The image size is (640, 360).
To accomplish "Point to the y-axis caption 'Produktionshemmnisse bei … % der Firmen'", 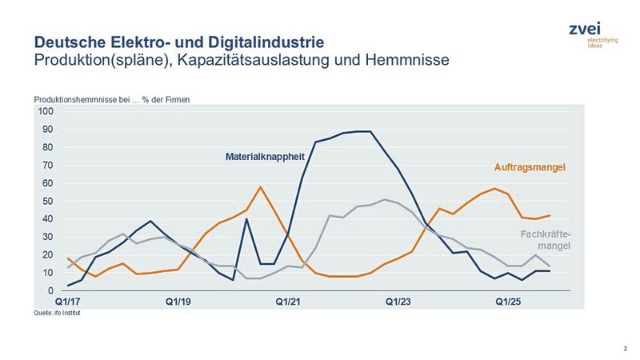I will (111, 99).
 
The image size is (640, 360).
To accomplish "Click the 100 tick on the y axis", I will (45, 111).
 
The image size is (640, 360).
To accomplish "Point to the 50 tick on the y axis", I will (47, 201).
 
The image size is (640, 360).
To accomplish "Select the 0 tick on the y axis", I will (50, 290).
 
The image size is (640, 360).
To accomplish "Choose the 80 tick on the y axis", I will (47, 147).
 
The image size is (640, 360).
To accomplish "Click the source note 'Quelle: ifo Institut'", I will (58, 314).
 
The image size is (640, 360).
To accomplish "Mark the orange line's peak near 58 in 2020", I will (261, 187).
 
